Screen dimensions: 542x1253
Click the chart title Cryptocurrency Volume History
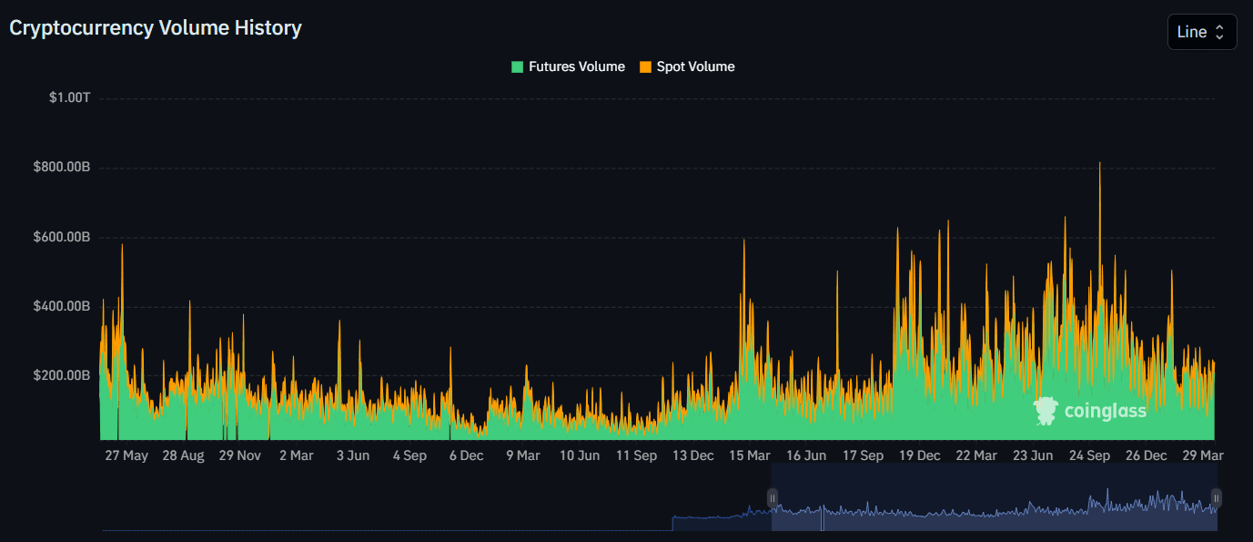click(x=156, y=28)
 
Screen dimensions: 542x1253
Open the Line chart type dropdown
click(x=1201, y=32)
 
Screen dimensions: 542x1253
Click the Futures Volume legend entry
click(x=568, y=66)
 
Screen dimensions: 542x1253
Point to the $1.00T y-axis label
click(x=70, y=97)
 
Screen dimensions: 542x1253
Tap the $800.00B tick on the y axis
click(x=62, y=168)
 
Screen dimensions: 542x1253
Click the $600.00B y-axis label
click(x=62, y=237)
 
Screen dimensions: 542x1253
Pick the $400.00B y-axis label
click(x=62, y=306)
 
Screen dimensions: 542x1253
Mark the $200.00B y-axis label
click(x=62, y=375)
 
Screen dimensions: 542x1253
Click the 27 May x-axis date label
click(x=126, y=455)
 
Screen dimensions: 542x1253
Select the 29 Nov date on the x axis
click(x=240, y=455)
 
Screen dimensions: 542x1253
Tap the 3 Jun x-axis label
click(x=353, y=455)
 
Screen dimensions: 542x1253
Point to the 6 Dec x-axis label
click(x=466, y=455)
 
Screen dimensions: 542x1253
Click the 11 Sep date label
click(x=636, y=455)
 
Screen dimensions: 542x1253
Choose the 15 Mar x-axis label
click(x=749, y=455)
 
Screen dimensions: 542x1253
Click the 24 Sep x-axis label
click(x=1089, y=455)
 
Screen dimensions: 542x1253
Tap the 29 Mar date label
click(x=1202, y=455)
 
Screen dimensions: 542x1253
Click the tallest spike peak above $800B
click(x=1100, y=164)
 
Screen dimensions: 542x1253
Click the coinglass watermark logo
click(x=1090, y=412)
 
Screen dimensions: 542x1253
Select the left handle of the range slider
click(x=773, y=497)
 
